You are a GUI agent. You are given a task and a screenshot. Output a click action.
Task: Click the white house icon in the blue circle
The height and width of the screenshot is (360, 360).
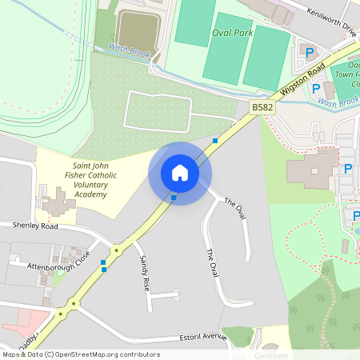[179, 173]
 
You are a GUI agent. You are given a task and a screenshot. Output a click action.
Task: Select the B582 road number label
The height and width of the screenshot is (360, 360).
[261, 106]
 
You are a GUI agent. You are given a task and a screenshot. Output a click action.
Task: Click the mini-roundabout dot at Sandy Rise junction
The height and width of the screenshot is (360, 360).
[117, 250]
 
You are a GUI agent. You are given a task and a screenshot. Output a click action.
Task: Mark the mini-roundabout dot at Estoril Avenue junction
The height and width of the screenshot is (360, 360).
[72, 303]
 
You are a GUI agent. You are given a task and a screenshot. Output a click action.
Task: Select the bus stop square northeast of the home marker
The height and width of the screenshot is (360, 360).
[215, 141]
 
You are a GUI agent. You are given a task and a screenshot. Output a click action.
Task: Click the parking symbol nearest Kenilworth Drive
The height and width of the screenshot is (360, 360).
[310, 52]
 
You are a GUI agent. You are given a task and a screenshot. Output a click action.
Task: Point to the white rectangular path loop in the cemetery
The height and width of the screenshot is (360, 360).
[158, 110]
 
